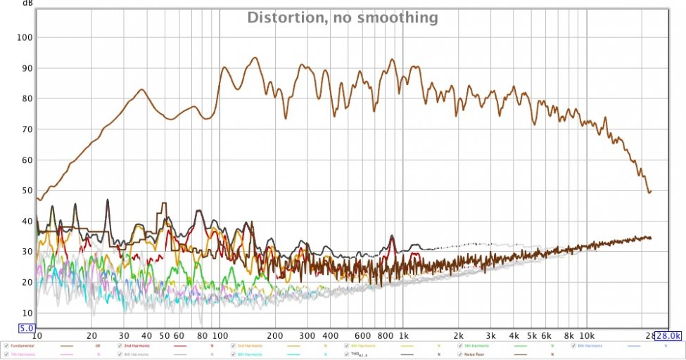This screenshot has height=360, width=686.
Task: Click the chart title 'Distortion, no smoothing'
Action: point(342,18)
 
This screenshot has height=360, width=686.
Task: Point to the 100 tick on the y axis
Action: point(26,37)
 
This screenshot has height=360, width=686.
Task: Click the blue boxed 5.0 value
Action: point(27,328)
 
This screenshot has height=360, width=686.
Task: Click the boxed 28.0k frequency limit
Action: point(669,337)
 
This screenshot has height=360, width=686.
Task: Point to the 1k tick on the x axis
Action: point(403,336)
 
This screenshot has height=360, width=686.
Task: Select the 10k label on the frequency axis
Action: point(587,336)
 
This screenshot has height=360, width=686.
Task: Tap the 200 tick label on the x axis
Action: point(274,336)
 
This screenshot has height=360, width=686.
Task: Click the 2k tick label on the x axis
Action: point(459,336)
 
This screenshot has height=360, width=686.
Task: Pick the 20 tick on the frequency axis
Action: point(91,336)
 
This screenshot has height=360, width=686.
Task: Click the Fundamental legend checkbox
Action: point(6,346)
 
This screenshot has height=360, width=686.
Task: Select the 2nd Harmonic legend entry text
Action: point(136,346)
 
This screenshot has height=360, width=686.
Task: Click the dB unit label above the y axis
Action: point(27,3)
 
